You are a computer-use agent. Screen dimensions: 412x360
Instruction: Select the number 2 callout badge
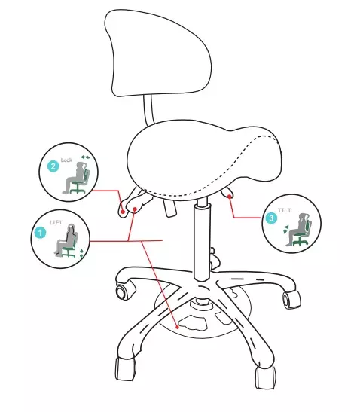click(x=52, y=166)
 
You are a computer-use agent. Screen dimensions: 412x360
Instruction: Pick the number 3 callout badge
click(x=271, y=218)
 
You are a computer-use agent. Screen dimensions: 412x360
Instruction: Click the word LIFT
click(x=56, y=223)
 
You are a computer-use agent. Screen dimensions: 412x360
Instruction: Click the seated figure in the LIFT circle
click(x=66, y=243)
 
